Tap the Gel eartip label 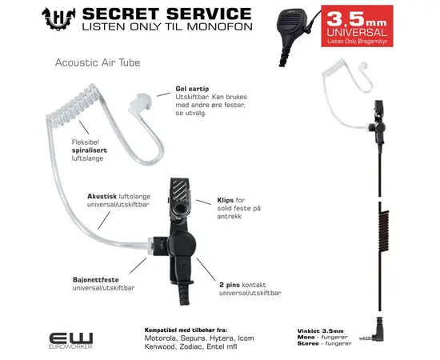[x=191, y=90]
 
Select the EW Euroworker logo [x=72, y=340]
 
